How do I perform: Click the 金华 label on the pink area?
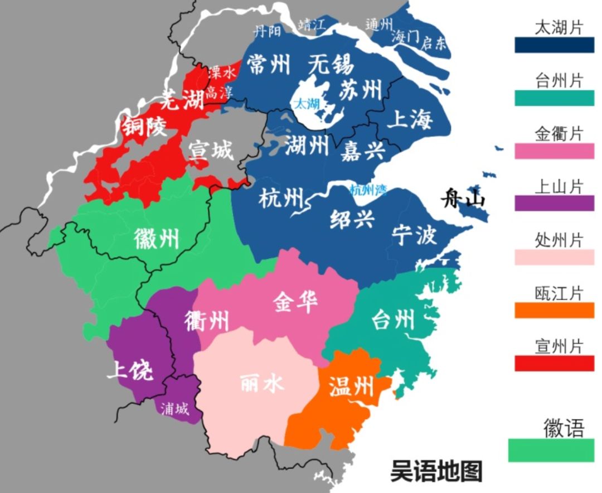pyautogui.click(x=295, y=302)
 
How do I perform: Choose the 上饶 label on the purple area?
pyautogui.click(x=130, y=370)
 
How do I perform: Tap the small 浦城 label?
pyautogui.click(x=174, y=409)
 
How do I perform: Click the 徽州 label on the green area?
pyautogui.click(x=157, y=239)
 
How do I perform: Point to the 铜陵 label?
pyautogui.click(x=144, y=128)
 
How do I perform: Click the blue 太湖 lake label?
pyautogui.click(x=307, y=103)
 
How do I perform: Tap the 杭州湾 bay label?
pyautogui.click(x=368, y=190)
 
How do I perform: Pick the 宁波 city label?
pyautogui.click(x=414, y=235)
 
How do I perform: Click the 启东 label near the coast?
pyautogui.click(x=434, y=43)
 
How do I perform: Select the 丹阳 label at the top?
pyautogui.click(x=268, y=31)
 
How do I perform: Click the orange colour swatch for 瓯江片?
pyautogui.click(x=554, y=310)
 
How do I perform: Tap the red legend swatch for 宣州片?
pyautogui.click(x=554, y=363)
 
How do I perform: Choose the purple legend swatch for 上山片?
pyautogui.click(x=554, y=204)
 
